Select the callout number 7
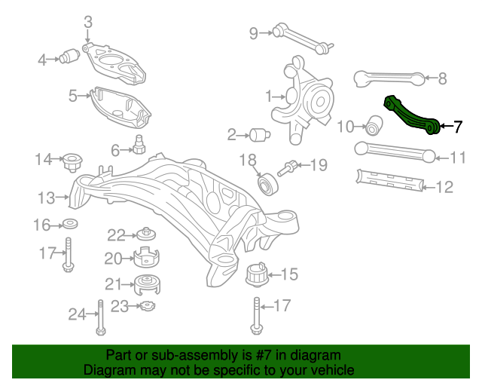click(x=457, y=127)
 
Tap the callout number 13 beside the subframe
click(x=47, y=198)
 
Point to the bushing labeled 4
click(x=73, y=57)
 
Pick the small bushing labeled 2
click(x=261, y=135)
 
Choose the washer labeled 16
click(x=70, y=225)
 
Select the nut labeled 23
click(x=147, y=305)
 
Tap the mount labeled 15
click(x=257, y=274)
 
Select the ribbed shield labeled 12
click(x=387, y=180)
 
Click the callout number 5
click(x=73, y=96)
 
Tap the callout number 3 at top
click(x=87, y=22)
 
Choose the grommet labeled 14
click(x=73, y=161)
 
